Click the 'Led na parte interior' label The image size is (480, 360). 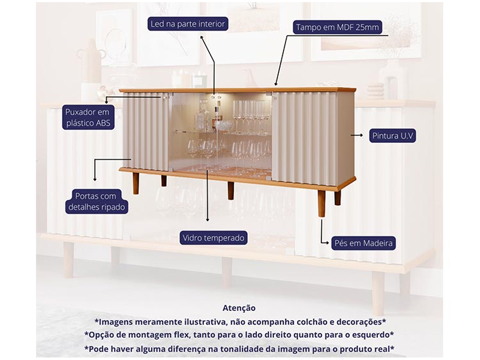(188, 24)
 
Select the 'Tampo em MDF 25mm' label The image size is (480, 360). (337, 28)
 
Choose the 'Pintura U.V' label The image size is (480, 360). (393, 136)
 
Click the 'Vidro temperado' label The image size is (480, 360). (213, 238)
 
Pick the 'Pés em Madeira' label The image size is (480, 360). (363, 243)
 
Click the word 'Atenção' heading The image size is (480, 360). (239, 308)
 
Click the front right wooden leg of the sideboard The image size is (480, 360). (321, 203)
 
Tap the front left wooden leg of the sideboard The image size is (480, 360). (136, 183)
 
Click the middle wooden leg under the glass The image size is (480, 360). (230, 190)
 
